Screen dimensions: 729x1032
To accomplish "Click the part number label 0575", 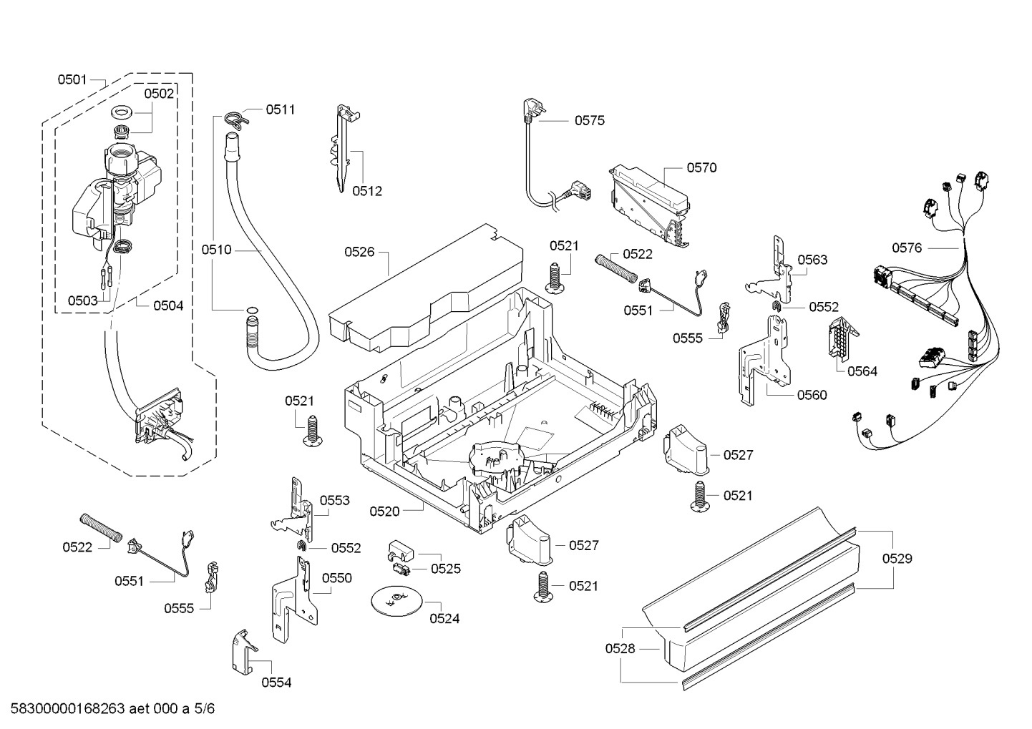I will point(589,120).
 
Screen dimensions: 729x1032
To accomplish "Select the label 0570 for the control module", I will point(701,167).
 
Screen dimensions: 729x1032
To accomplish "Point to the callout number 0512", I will point(367,191).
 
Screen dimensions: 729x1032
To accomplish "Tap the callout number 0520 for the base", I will point(384,511).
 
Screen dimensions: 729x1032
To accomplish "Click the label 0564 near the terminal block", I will point(862,371).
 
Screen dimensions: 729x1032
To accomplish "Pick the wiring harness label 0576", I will point(907,248).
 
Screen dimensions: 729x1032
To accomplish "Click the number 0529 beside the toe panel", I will point(897,558).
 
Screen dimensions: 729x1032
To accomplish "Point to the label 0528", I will point(620,648).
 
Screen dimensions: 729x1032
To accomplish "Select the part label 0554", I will point(276,682).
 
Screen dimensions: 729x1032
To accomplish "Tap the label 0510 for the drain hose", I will point(216,250).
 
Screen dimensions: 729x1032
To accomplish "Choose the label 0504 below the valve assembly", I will point(168,305).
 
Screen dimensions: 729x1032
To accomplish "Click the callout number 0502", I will point(159,93).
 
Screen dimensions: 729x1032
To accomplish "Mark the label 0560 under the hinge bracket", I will point(812,394).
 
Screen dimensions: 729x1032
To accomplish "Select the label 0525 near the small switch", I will point(446,569).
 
